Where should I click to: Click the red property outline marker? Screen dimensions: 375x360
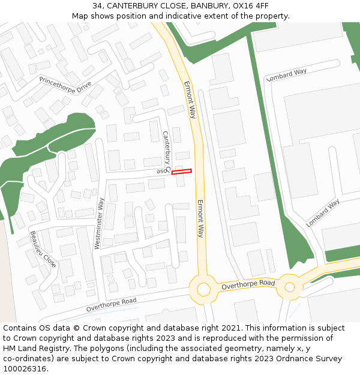181,172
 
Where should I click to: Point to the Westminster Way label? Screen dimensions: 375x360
100,223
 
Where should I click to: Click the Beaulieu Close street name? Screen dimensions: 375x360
43,249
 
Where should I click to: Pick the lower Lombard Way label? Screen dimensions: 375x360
323,212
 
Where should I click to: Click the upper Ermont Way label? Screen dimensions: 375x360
190,99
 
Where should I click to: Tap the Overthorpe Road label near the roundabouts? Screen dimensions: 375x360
248,285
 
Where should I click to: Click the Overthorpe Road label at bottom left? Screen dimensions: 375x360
111,305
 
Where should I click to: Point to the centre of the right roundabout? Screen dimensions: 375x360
290,287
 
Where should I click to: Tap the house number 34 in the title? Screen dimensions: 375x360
97,6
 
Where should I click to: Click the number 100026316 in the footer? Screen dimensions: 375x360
25,368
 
